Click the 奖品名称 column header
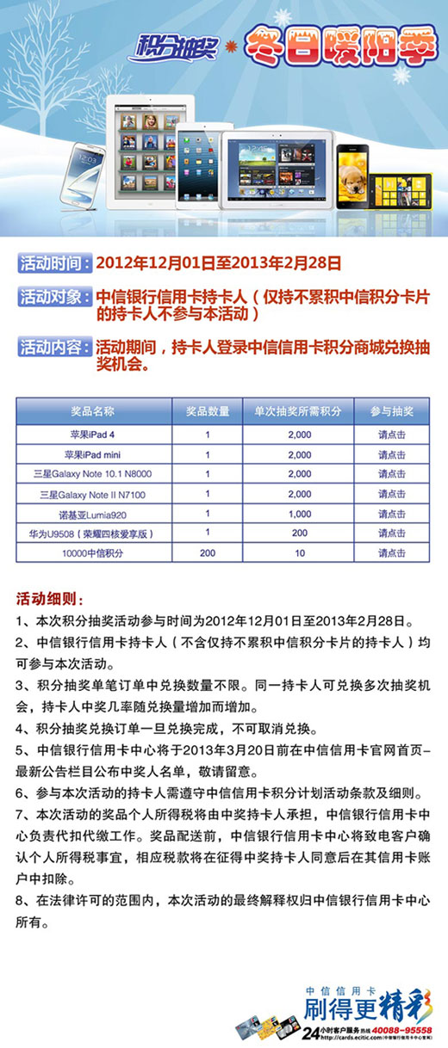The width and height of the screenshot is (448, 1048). point(93,411)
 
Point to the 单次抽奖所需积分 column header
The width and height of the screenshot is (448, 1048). point(299,411)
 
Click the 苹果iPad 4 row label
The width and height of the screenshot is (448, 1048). point(93,434)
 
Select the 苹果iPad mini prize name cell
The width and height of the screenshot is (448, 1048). point(93,454)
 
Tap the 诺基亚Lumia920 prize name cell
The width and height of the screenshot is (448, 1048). point(93,514)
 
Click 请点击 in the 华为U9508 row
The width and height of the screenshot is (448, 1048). point(392,533)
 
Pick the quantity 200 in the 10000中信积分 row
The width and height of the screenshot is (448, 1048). point(208,553)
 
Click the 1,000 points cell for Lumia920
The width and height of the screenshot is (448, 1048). point(299,514)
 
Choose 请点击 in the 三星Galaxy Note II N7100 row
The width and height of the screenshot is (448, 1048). point(392,494)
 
